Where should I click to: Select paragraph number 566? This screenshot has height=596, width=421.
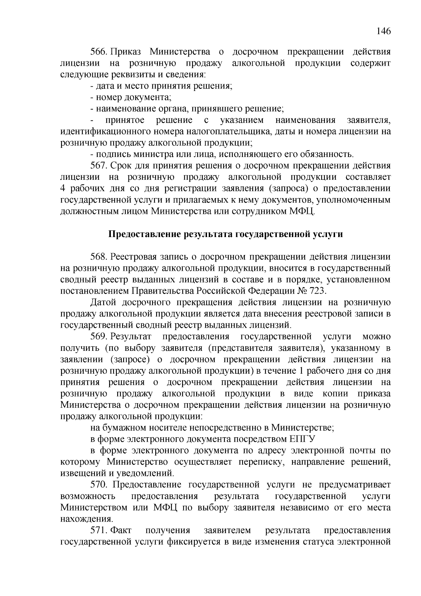coord(99,52)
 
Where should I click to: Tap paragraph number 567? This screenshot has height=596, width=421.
coord(99,165)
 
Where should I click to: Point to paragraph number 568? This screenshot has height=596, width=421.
coord(99,257)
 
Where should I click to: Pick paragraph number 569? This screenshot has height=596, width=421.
coord(99,336)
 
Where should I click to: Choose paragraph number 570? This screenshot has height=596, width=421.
coord(99,485)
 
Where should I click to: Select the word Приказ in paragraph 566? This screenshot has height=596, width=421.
coord(126,52)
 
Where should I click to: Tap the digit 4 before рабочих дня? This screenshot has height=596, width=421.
coord(63,188)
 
